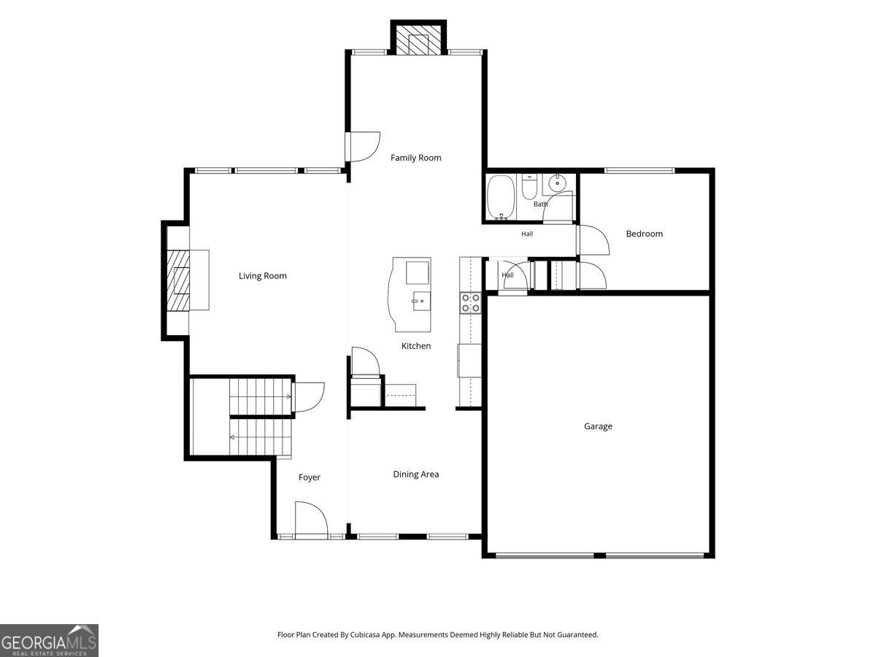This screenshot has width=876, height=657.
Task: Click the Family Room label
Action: click(415, 158)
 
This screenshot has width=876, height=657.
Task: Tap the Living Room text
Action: click(263, 276)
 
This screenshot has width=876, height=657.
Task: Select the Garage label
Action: click(598, 426)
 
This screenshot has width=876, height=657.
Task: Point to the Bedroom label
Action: click(644, 234)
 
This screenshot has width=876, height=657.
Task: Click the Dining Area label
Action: click(416, 474)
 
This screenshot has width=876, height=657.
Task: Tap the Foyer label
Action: click(310, 477)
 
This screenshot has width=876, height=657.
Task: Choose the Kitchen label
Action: click(416, 346)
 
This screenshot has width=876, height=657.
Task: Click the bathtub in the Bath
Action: click(501, 197)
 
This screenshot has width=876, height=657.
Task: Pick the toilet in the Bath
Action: click(529, 187)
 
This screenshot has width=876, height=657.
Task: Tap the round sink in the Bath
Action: click(556, 183)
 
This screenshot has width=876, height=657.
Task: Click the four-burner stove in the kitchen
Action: click(471, 303)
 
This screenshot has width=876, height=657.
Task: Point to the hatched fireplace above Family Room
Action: click(418, 40)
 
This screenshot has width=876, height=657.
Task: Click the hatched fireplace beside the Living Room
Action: click(178, 280)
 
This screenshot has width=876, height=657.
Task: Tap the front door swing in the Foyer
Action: click(311, 518)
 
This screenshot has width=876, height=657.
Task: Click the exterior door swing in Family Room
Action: click(363, 147)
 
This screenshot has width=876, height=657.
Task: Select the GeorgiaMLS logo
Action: click(49, 640)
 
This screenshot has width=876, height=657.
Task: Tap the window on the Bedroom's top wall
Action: click(639, 171)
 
